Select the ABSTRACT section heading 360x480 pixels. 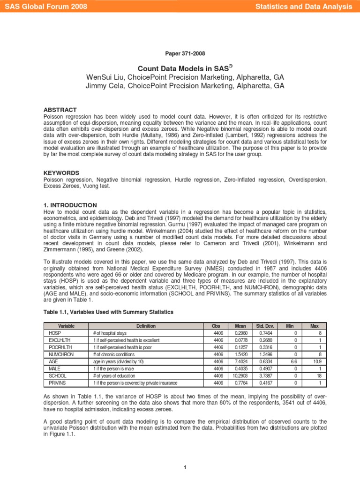click(x=60, y=110)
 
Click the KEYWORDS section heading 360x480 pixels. click(x=61, y=173)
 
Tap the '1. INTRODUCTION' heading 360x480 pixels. click(x=70, y=205)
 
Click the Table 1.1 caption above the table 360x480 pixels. click(x=108, y=312)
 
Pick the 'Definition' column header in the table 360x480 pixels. click(x=146, y=326)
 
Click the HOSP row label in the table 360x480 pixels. click(x=55, y=333)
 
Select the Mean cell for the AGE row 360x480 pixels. click(x=235, y=362)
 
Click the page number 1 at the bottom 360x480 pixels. click(x=186, y=467)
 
